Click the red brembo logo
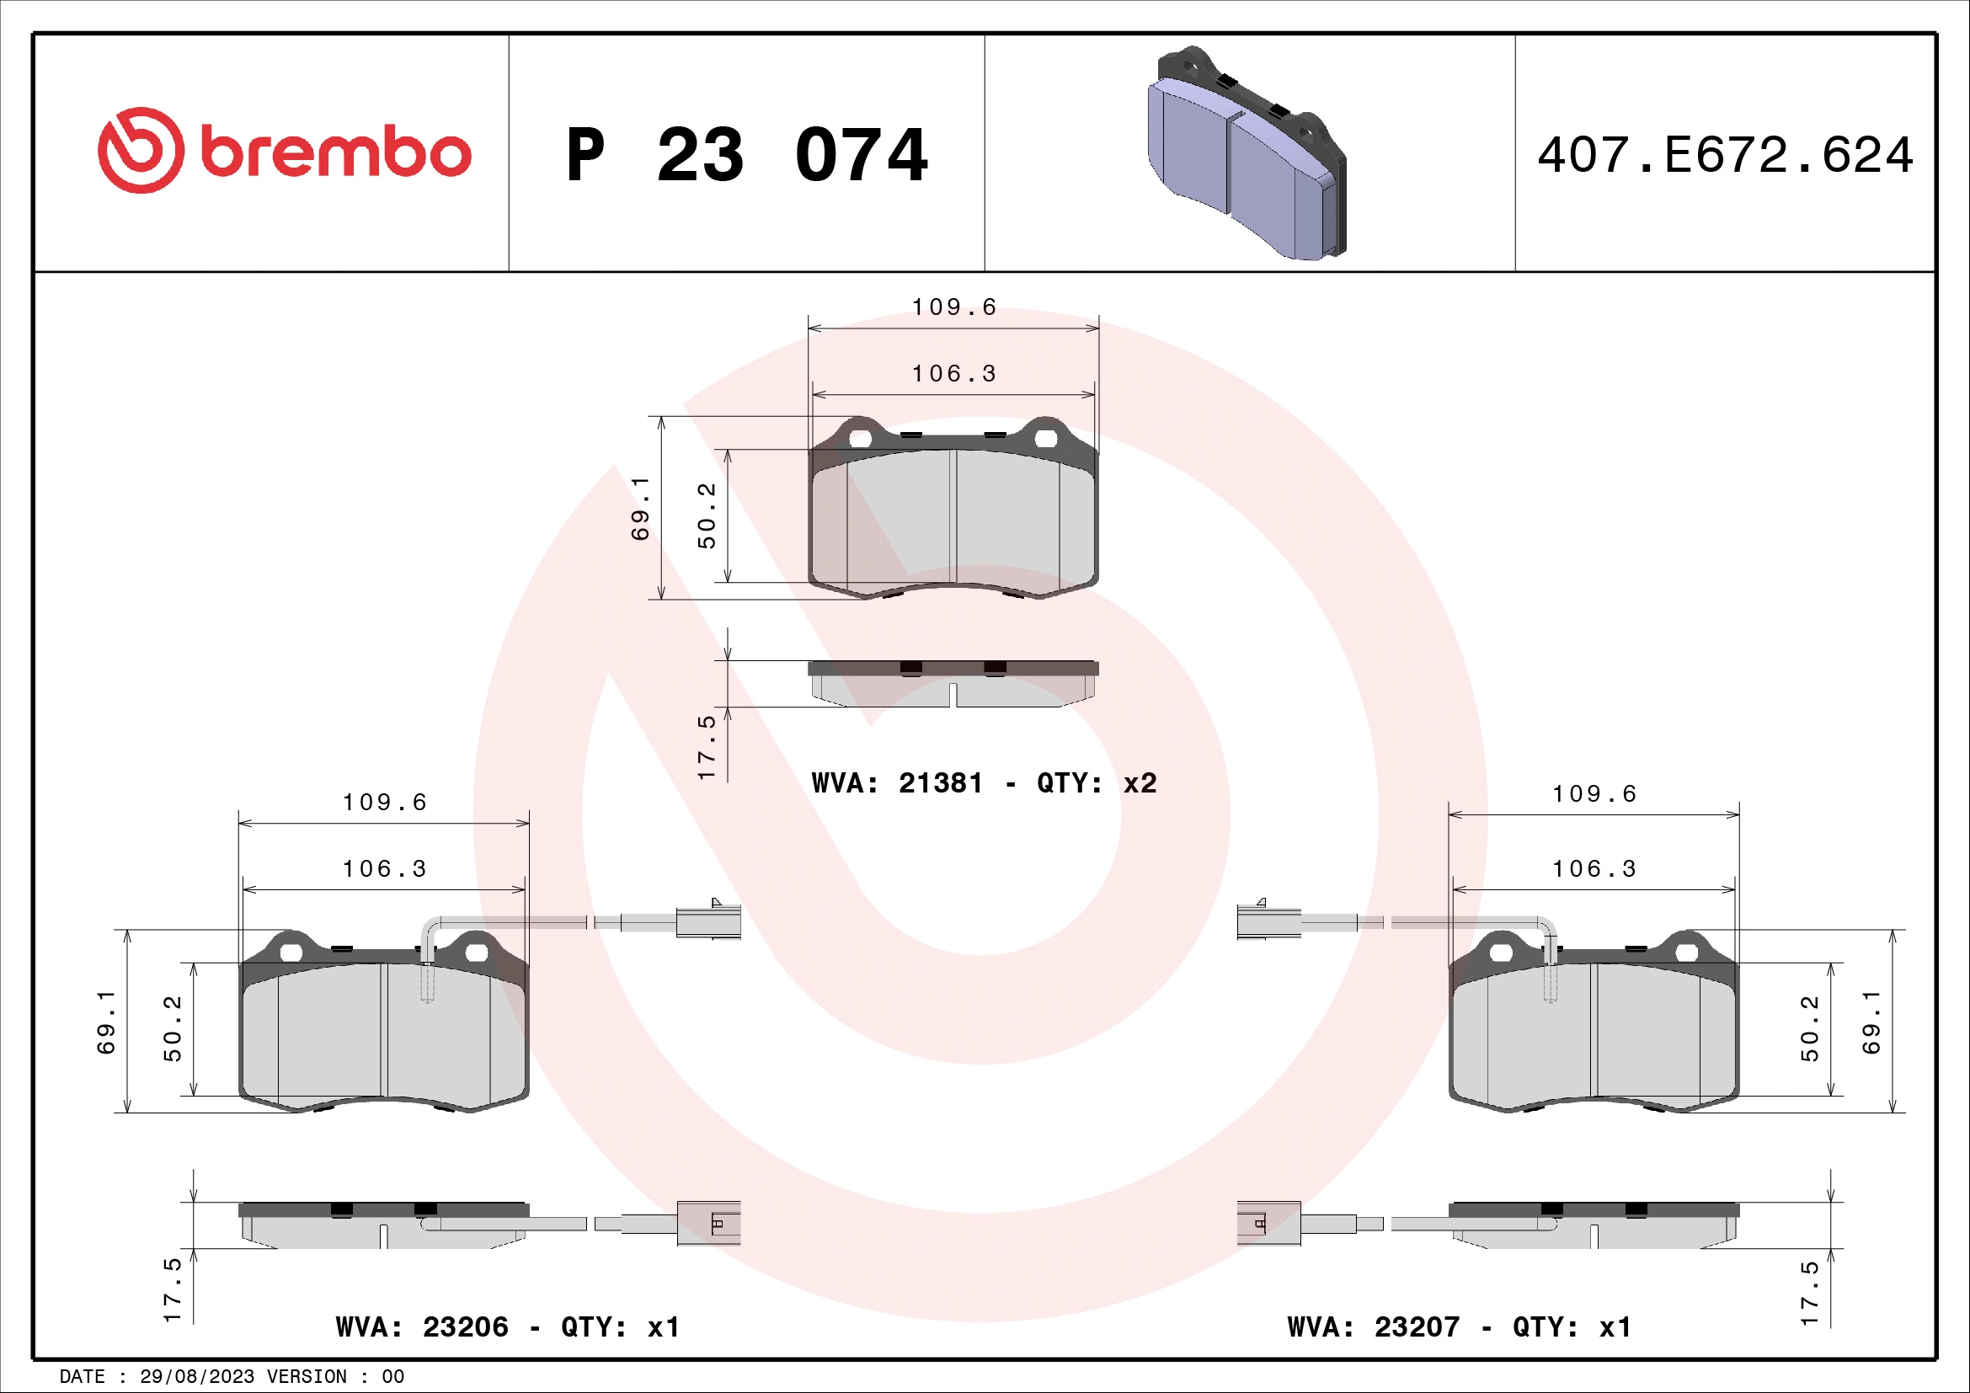pyautogui.click(x=284, y=151)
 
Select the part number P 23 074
pyautogui.click(x=746, y=155)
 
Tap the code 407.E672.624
pyautogui.click(x=1725, y=155)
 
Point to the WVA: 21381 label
pyautogui.click(x=897, y=782)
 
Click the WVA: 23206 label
pyautogui.click(x=421, y=1327)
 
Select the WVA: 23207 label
pyautogui.click(x=1373, y=1327)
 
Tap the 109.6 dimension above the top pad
pyautogui.click(x=953, y=307)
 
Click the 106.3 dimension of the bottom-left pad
pyautogui.click(x=384, y=869)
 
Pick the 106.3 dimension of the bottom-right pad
pyautogui.click(x=1594, y=869)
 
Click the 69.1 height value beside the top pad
pyautogui.click(x=640, y=508)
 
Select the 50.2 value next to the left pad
pyautogui.click(x=173, y=1027)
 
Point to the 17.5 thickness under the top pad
pyautogui.click(x=706, y=746)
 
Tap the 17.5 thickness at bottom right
pyautogui.click(x=1809, y=1294)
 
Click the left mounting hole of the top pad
pyautogui.click(x=860, y=439)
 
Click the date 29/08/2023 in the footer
pyautogui.click(x=196, y=1376)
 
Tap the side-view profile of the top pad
pyautogui.click(x=953, y=684)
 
